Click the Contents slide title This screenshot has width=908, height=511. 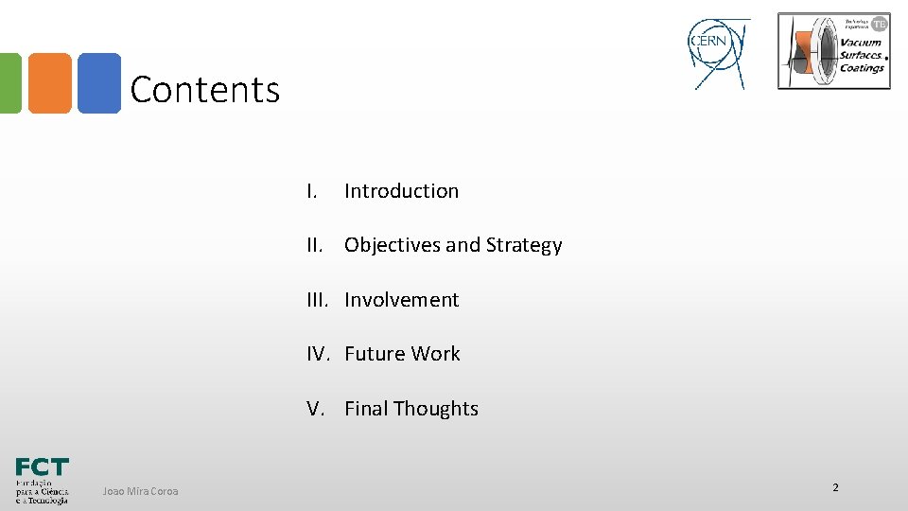(205, 90)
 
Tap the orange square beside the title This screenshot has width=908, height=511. (49, 83)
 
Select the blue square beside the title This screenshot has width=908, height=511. (99, 83)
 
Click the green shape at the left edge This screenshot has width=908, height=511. (9, 83)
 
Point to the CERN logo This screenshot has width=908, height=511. (719, 53)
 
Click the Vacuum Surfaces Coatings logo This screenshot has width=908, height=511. (833, 51)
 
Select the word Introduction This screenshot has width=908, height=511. (401, 191)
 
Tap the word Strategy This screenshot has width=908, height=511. (523, 245)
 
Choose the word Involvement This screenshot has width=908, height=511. (401, 300)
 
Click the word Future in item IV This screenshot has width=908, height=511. (373, 354)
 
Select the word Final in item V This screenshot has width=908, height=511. (366, 409)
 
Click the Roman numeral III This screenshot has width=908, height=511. (317, 300)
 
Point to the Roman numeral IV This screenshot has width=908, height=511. (317, 354)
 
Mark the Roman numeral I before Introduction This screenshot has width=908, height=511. (310, 191)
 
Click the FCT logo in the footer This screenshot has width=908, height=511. (42, 481)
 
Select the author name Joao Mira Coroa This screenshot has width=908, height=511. (140, 491)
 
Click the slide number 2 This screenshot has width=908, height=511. (835, 487)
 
